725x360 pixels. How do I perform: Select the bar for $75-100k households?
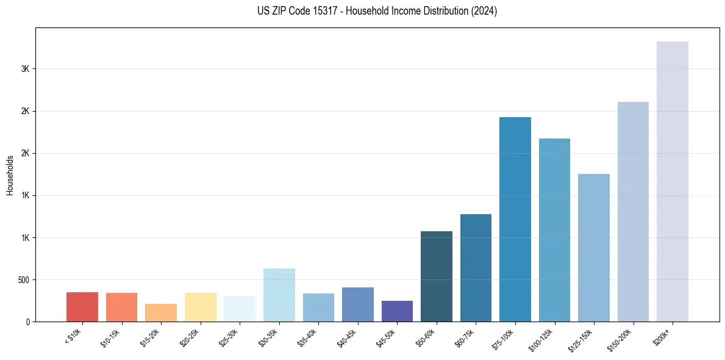pos(515,219)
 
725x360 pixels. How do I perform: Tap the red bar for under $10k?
pos(82,307)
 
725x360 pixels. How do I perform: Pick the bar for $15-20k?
pos(161,312)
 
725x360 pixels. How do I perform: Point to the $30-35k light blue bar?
pos(279,295)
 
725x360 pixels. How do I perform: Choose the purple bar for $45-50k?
pos(397,311)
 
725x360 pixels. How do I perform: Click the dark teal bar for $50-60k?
pos(437,276)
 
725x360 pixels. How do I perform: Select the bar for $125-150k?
pos(594,248)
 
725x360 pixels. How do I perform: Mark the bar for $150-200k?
pos(633,212)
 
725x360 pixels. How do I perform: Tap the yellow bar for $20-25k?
pos(201,307)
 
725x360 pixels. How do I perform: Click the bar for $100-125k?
pos(554,230)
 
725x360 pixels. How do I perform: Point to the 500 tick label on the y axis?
pos(23,280)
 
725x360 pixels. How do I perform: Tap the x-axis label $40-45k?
pos(347,337)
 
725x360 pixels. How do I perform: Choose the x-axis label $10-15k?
pos(110,337)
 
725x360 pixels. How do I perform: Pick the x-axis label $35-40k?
pos(307,337)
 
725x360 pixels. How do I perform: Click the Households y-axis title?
pos(10,175)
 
